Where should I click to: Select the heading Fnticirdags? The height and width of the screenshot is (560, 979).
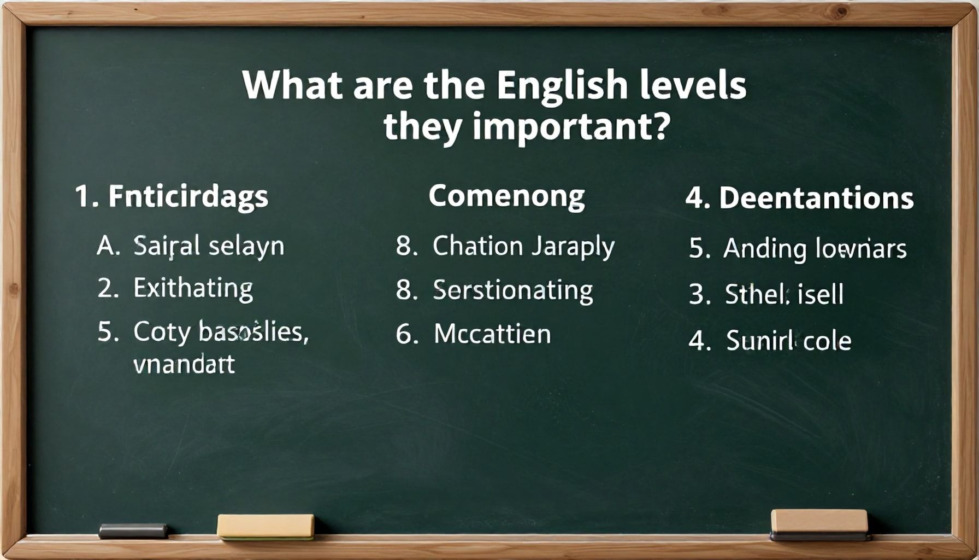(x=188, y=196)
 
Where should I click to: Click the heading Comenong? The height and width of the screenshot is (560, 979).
(x=506, y=196)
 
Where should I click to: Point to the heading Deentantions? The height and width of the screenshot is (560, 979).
(x=816, y=198)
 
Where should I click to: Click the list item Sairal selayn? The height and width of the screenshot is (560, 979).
(x=209, y=246)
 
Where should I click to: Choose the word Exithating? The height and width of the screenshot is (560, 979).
(x=193, y=288)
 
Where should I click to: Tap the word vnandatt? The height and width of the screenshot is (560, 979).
(x=184, y=364)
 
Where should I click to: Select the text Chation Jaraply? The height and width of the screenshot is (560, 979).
(x=523, y=247)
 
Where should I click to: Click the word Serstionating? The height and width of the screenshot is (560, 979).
(x=512, y=290)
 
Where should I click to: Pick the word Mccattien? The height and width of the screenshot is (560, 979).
(x=492, y=334)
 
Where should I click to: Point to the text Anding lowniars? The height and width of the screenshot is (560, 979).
(x=815, y=249)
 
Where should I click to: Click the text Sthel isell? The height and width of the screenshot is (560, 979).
(x=784, y=295)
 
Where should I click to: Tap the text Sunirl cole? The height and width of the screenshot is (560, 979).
(x=788, y=341)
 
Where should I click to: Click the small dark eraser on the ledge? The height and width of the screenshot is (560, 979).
(x=133, y=530)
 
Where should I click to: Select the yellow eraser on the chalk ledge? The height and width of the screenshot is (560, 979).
(x=266, y=526)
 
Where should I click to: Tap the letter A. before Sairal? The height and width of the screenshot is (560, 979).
(x=108, y=246)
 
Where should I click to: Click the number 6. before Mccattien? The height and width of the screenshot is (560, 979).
(x=406, y=334)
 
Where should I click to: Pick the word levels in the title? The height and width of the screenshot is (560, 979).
(x=693, y=86)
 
